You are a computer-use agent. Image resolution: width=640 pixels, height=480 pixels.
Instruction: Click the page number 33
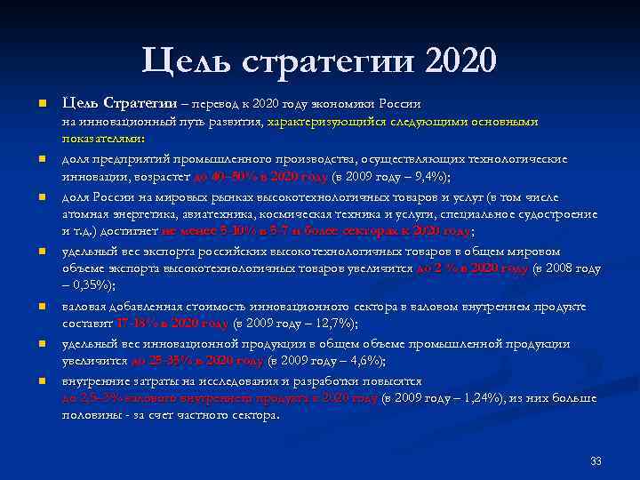pyautogui.click(x=596, y=461)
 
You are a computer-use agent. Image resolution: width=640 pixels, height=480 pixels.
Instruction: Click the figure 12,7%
pyautogui.click(x=332, y=324)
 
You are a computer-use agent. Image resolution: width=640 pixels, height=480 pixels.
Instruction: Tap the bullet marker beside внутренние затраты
pyautogui.click(x=42, y=381)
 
